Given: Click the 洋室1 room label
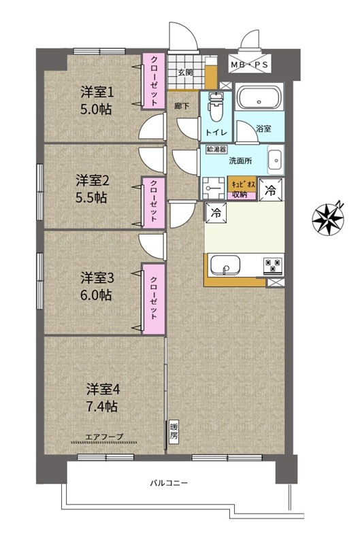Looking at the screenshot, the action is (97, 92).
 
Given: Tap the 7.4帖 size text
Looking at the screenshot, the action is (101, 406).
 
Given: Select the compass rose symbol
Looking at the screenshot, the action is (328, 218).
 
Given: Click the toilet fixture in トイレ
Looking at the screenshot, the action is (216, 107).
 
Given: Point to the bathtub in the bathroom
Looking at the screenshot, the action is (259, 97).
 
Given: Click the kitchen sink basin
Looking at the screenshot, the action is (225, 265).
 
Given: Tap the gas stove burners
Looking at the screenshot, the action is (274, 265).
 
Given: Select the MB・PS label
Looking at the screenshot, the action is (249, 65).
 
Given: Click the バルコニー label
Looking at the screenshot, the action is (169, 483).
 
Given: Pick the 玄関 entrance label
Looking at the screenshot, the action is (185, 73).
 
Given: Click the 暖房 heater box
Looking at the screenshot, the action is (174, 431).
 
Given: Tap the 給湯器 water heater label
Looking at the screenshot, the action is (216, 150).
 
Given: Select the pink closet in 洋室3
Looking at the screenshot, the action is (154, 299).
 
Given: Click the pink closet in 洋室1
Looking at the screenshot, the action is (154, 80).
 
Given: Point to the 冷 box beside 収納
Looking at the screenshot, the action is (271, 190).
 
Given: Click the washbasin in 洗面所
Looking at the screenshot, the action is (276, 160).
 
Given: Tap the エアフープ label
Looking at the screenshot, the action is (104, 437).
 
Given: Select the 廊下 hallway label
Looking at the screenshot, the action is (182, 106).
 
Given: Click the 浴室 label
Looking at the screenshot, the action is (263, 129).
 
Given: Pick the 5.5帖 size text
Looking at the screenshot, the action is (91, 197).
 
